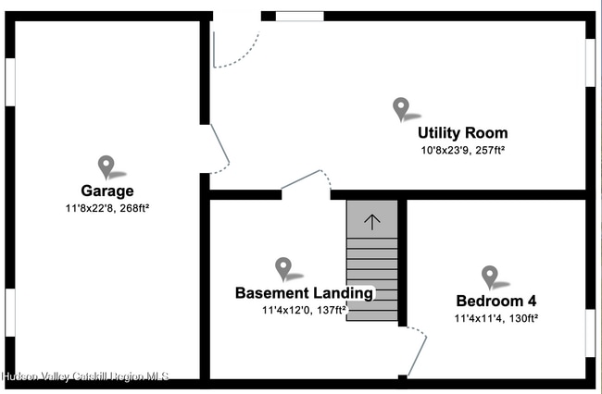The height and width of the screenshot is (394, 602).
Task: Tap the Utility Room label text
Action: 462,133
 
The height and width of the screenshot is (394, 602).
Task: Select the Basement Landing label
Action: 304,293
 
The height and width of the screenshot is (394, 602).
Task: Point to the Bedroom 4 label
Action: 495,301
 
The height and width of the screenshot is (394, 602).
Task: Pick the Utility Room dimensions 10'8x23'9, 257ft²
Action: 462,150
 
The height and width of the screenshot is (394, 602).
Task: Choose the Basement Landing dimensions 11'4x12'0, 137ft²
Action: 304,311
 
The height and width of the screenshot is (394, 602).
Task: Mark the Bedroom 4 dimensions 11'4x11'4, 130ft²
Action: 495,318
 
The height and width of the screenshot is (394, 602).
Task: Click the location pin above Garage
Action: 107,166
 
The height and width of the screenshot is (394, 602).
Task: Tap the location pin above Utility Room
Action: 401,109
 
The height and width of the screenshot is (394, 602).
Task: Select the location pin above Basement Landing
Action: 283,268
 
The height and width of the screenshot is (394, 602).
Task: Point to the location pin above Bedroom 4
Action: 490,277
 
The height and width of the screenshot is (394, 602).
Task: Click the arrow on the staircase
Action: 372,222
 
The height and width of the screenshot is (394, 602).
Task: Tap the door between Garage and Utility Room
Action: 218,149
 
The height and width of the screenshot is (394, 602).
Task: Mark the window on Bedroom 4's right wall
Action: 590,332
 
